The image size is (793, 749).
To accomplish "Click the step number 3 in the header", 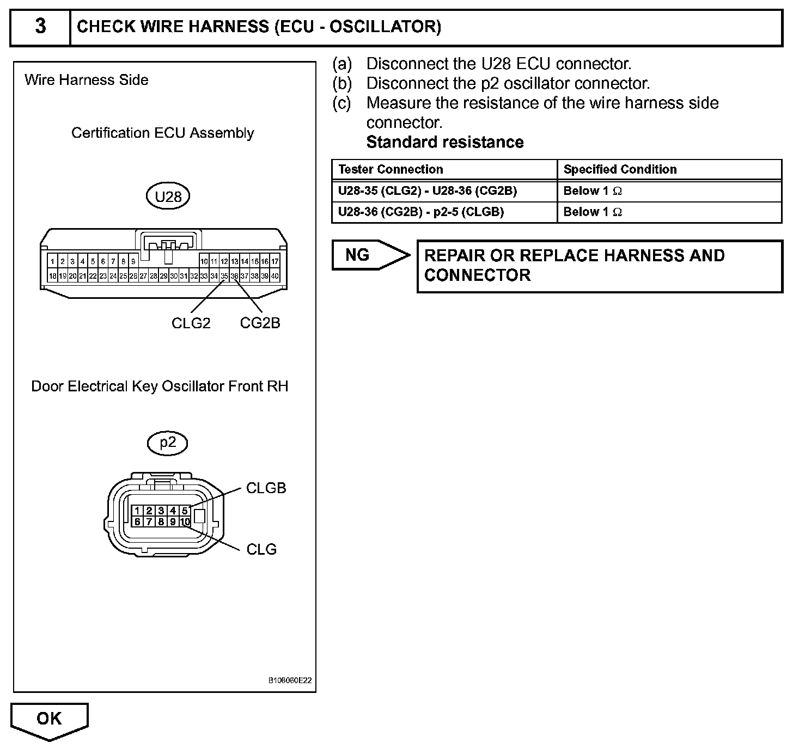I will (40, 27).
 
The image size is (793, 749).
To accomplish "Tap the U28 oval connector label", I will (168, 197).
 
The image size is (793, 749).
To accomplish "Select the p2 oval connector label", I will (167, 443).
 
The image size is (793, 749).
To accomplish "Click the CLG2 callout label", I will (191, 323).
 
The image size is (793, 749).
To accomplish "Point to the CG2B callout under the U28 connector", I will (260, 323).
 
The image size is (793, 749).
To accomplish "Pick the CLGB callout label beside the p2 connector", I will (266, 488).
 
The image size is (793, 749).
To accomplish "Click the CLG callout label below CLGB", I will (261, 549).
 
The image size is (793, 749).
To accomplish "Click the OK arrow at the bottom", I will (49, 720).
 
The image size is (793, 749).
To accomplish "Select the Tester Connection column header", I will (391, 169).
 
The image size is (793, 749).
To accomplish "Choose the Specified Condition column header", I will (620, 169).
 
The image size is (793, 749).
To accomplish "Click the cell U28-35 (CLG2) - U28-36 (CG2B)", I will (427, 191).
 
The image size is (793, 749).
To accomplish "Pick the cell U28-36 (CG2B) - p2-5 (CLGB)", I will (420, 212).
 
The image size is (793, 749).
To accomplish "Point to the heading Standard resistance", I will (444, 142).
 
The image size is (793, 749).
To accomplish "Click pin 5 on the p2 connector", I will (185, 511).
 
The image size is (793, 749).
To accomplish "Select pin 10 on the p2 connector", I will (185, 522).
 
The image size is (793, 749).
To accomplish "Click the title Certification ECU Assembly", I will (162, 133).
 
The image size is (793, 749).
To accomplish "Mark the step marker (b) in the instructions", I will (343, 83).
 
